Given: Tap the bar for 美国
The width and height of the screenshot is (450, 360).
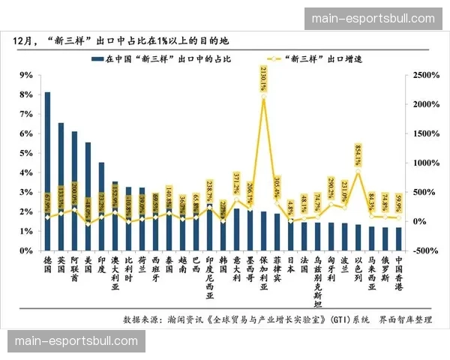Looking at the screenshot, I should pos(88,196).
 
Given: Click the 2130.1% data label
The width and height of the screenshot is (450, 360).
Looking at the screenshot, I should pos(262,78).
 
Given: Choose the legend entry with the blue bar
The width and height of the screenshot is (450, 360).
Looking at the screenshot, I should pos(161,58).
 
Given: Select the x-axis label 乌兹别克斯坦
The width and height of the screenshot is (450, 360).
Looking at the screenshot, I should pos(317,281).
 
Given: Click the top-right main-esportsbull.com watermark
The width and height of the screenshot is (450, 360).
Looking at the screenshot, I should pos(372,19).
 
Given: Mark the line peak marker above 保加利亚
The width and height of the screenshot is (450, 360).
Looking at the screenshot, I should pos(263,98).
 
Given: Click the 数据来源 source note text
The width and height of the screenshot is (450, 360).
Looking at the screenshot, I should pos(277,319).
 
